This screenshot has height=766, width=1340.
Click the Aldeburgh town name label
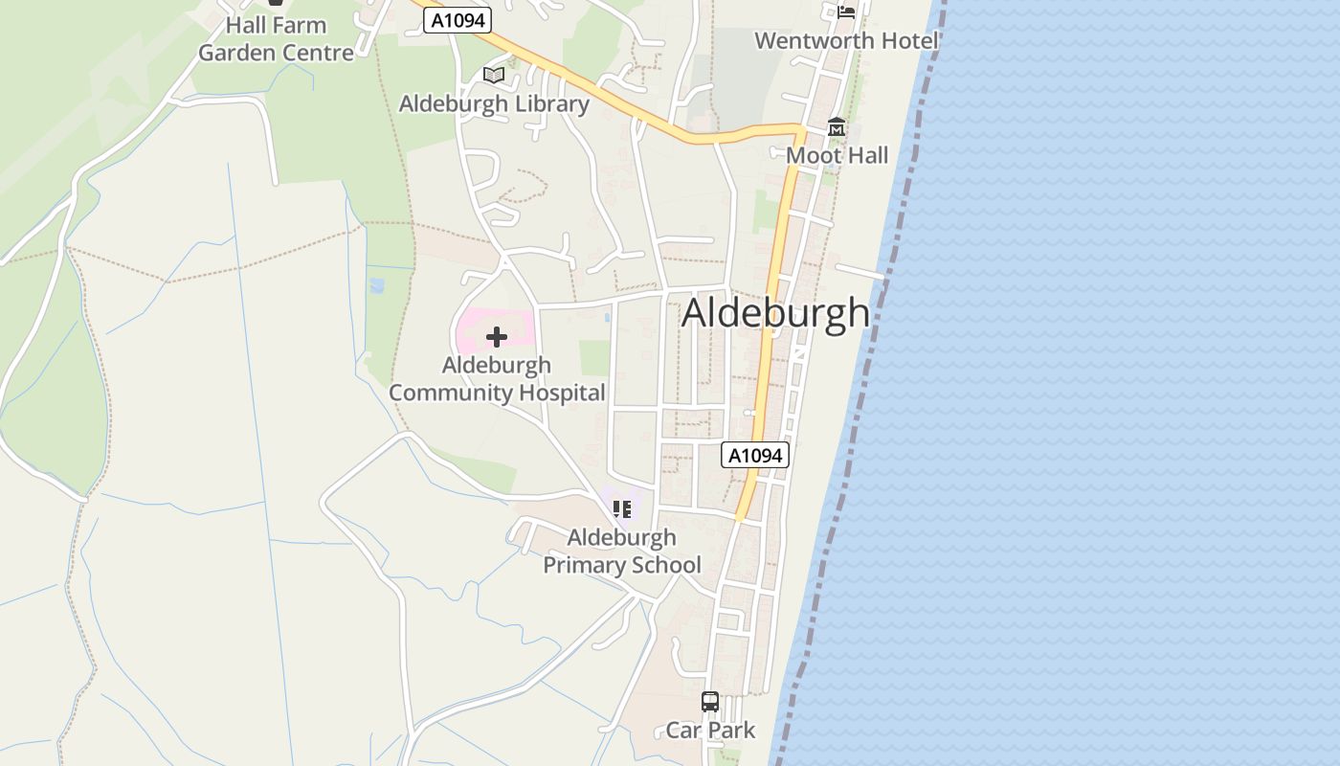tap(775, 313)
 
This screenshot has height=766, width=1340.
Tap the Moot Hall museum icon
tap(837, 127)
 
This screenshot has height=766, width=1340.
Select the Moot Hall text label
tap(837, 155)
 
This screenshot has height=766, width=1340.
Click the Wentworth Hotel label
tap(846, 40)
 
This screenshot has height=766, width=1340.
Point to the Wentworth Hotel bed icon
tap(846, 11)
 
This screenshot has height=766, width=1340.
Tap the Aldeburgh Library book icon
tap(494, 75)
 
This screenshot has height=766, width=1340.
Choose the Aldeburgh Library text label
tap(494, 103)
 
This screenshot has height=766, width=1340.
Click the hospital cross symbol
tap(497, 337)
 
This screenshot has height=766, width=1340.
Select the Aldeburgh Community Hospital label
tap(497, 379)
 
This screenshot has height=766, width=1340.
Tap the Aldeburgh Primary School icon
tap(622, 509)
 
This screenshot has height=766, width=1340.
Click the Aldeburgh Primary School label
tap(622, 552)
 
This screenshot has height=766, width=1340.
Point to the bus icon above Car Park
tap(710, 702)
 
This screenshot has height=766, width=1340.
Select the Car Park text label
tap(710, 731)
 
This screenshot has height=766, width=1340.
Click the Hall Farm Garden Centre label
tap(277, 39)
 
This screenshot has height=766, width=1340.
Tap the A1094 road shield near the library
tap(458, 21)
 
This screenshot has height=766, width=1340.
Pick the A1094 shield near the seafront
tap(755, 456)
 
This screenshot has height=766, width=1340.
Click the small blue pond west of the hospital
tap(377, 285)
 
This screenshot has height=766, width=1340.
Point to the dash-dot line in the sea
tap(861, 383)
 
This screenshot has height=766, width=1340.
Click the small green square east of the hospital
tap(594, 357)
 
